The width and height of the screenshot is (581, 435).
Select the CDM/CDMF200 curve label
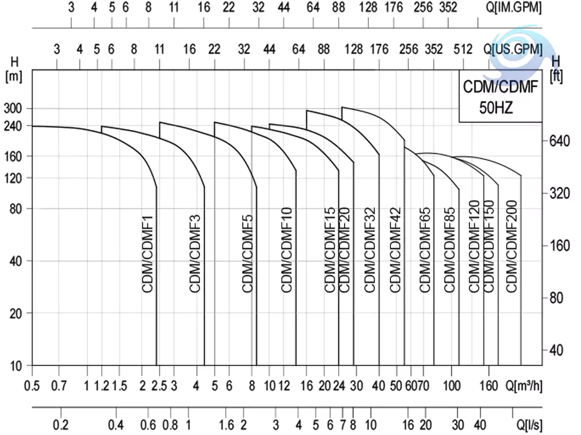click(x=511, y=254)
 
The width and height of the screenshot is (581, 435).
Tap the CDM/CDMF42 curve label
click(x=396, y=249)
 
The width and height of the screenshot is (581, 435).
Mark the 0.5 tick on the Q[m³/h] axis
click(x=32, y=386)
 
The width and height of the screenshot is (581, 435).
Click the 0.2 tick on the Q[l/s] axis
click(x=60, y=425)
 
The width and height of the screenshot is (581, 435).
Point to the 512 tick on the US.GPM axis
click(x=463, y=49)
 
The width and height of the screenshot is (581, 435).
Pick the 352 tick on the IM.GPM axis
click(x=448, y=8)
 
